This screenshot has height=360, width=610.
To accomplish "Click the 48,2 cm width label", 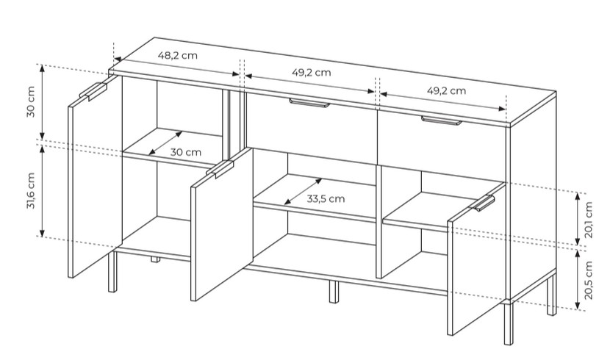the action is (177, 55).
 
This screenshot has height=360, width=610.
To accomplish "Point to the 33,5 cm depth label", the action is (326, 198).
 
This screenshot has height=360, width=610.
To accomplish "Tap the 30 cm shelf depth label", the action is (185, 152).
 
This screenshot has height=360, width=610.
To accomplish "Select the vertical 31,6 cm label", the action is (31, 190).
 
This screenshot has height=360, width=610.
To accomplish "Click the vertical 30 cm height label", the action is (31, 102).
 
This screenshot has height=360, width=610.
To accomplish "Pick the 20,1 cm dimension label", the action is (588, 220).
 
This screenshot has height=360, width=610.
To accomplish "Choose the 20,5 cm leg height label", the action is (588, 280).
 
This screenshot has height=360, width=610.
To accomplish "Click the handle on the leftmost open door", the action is (93, 91).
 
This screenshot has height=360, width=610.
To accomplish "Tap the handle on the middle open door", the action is (220, 170).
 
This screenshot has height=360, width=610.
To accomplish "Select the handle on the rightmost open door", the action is (484, 203).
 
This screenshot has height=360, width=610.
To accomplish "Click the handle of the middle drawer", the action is (309, 103).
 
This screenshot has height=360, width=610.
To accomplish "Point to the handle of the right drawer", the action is (442, 120).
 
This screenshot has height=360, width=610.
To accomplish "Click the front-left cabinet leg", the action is (112, 271).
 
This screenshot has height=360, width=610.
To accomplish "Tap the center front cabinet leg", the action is (334, 291).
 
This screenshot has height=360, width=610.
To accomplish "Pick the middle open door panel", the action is (222, 224).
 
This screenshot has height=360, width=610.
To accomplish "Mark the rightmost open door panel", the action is (476, 259).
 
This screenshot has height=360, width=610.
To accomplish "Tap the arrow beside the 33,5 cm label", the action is (303, 191).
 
